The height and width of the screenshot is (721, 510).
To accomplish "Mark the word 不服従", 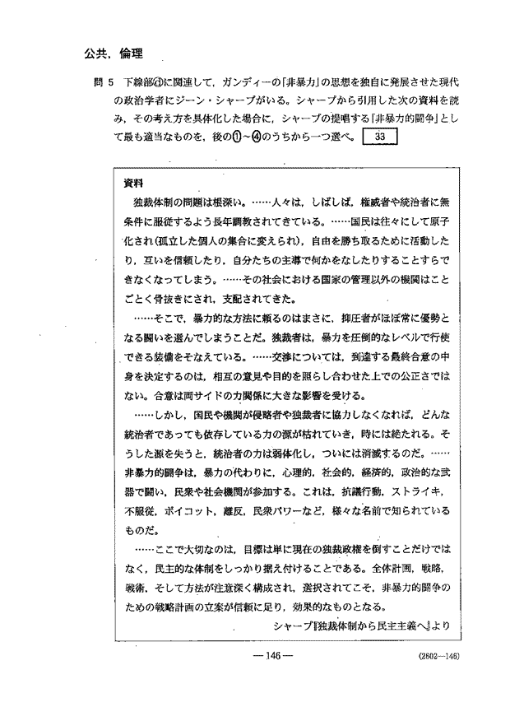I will tap(138, 510).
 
